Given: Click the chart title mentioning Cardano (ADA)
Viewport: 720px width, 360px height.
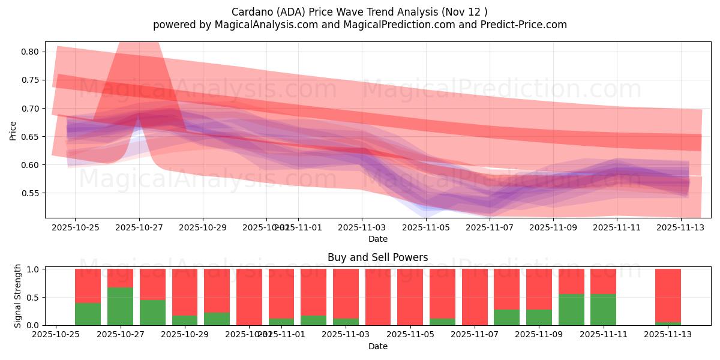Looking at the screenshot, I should pos(360,12).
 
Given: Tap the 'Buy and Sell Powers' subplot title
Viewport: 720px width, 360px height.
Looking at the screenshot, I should pos(377,257).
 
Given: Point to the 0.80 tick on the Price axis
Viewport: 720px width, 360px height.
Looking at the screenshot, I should pos(31,52).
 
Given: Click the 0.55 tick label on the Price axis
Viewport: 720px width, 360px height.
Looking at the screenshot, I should pos(31,194).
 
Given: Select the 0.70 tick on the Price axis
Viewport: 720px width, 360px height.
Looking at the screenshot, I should pos(31,109).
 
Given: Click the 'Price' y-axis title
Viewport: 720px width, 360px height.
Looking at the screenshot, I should pos(13,130).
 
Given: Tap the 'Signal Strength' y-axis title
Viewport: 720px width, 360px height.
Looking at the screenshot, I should pos(18,296).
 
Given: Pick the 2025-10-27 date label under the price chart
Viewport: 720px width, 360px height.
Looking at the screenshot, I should pos(139,227).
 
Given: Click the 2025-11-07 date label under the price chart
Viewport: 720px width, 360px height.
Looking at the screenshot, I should pos(490,227).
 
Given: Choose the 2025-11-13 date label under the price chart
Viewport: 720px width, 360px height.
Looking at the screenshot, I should pos(681,227).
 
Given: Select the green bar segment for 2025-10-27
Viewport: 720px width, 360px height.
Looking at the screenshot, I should pos(120,306).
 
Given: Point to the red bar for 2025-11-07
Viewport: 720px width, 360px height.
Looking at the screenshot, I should pos(475,297).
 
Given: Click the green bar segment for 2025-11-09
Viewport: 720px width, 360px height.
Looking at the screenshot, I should pos(539,317).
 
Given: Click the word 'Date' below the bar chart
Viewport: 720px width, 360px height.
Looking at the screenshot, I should pos(377,346).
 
